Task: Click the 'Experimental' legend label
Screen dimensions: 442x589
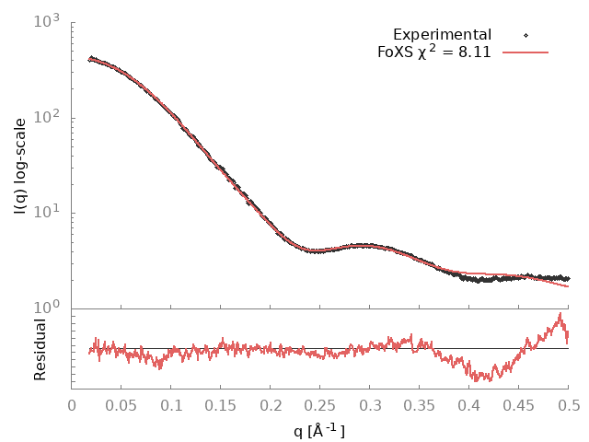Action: click(x=443, y=35)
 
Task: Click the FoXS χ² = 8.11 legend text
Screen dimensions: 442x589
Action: click(x=433, y=52)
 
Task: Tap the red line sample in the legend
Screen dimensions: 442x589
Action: click(x=525, y=52)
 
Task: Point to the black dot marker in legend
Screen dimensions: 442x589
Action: click(x=525, y=35)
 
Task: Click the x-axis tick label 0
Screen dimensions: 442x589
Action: click(x=72, y=403)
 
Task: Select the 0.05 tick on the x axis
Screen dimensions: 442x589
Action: click(x=121, y=403)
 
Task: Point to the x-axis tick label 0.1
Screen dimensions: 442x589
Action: click(x=171, y=403)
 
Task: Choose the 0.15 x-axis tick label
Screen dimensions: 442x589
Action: click(x=221, y=403)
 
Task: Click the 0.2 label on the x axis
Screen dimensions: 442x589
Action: click(x=271, y=403)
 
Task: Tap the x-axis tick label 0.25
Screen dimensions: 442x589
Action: click(x=320, y=403)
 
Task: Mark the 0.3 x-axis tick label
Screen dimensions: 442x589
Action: click(x=370, y=403)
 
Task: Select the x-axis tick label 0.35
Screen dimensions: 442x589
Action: click(x=420, y=403)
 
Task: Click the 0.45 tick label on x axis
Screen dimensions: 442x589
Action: click(x=519, y=403)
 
